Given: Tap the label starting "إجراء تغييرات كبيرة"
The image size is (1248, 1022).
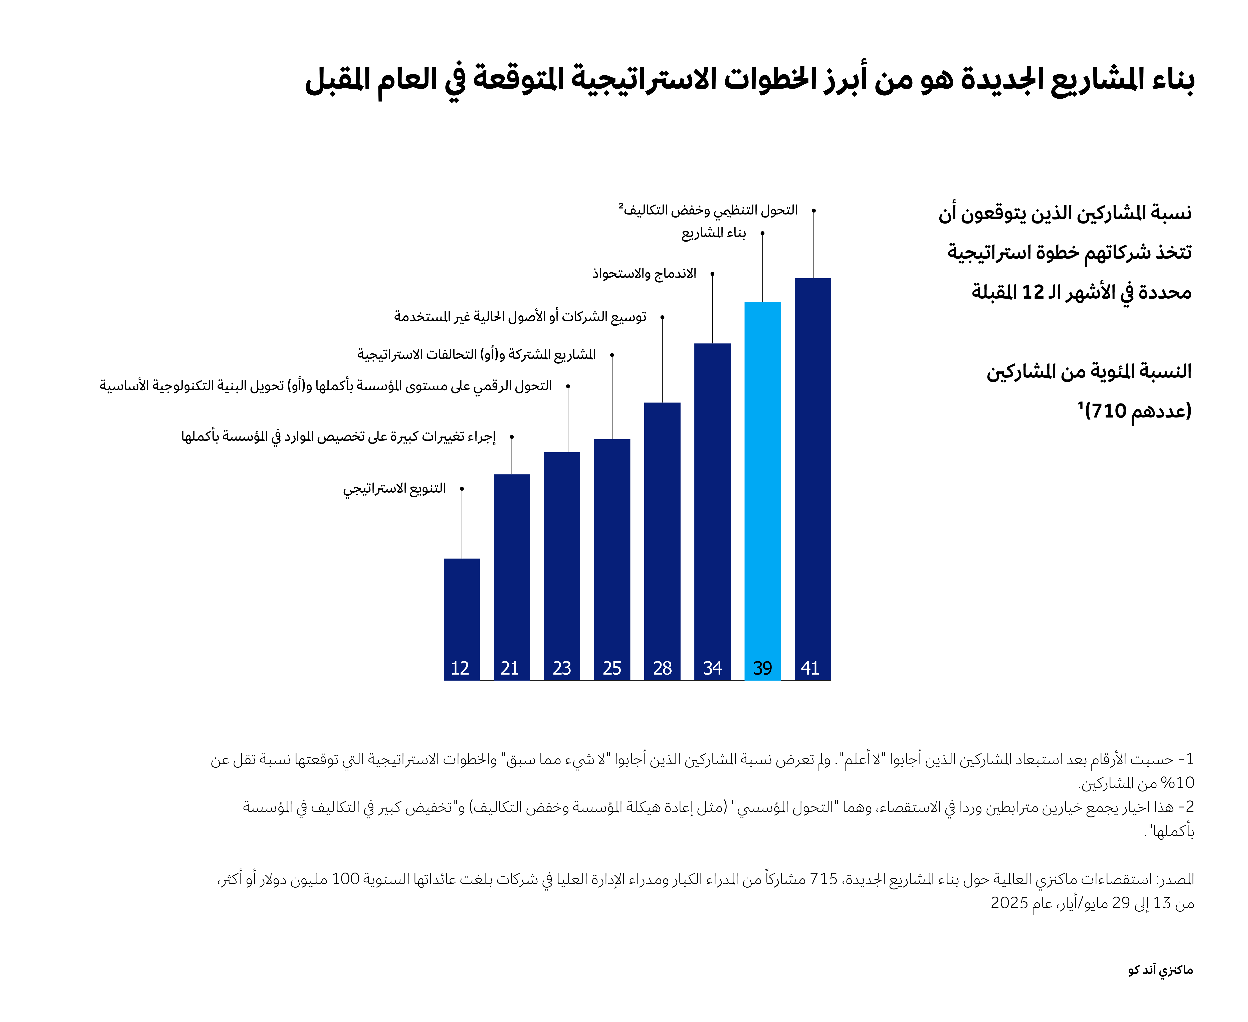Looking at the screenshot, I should [338, 437].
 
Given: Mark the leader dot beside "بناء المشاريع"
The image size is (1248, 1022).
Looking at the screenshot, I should [762, 233].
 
